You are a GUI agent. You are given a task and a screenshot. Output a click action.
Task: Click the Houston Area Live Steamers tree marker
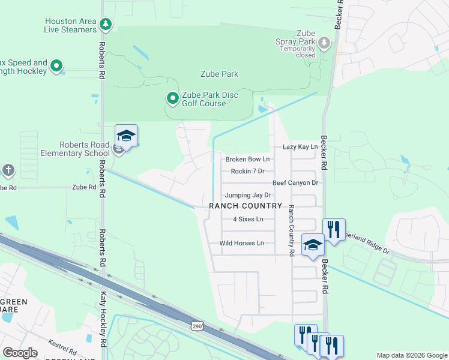point(106,25)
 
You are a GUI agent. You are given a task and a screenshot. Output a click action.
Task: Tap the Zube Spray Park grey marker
point(324,43)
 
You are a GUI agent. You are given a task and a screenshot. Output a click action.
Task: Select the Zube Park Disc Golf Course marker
point(172,97)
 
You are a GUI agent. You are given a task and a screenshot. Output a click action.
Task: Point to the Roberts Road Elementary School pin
point(126,136)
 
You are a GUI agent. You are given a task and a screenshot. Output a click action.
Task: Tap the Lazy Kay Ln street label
point(300,147)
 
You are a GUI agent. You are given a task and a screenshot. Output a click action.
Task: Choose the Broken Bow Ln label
point(247,159)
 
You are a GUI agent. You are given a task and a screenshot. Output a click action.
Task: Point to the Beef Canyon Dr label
point(295,182)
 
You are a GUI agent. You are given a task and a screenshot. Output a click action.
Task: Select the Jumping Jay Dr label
point(248,195)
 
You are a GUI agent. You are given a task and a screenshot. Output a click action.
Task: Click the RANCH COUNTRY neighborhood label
point(246,206)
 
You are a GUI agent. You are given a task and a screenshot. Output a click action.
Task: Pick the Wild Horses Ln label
point(241,243)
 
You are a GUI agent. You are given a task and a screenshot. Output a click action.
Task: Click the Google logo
point(20,353)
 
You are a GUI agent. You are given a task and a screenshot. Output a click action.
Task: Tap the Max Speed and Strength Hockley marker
point(57,66)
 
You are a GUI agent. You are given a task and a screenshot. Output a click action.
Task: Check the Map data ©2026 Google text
point(411,355)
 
